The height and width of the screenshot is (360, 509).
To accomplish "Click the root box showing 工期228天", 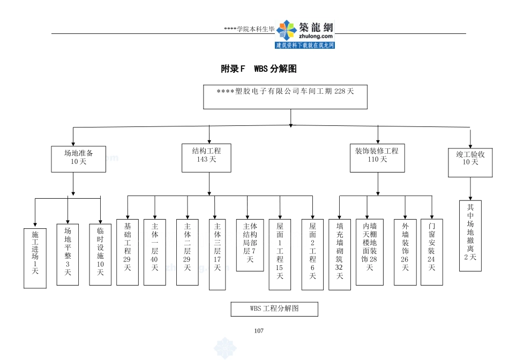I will pyautogui.click(x=286, y=96).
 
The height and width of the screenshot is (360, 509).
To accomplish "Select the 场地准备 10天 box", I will pyautogui.click(x=78, y=159).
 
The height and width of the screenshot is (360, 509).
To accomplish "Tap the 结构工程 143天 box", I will pyautogui.click(x=206, y=157).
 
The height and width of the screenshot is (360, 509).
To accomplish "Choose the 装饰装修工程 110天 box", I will pyautogui.click(x=377, y=157).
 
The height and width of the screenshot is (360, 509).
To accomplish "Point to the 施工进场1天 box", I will pyautogui.click(x=35, y=258).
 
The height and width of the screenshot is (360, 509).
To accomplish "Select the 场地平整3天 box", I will pyautogui.click(x=68, y=254).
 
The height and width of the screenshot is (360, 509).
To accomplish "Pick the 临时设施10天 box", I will pyautogui.click(x=100, y=254).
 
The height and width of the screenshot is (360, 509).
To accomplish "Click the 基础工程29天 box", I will pyautogui.click(x=128, y=252).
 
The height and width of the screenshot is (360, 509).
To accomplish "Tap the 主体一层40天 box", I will pyautogui.click(x=155, y=252).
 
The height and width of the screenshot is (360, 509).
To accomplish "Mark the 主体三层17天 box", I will pyautogui.click(x=217, y=254).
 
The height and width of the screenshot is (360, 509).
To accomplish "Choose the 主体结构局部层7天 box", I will pyautogui.click(x=250, y=245).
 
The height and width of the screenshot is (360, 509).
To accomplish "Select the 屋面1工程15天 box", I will pyautogui.click(x=280, y=254).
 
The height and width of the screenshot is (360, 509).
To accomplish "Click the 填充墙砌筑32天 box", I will pyautogui.click(x=340, y=254).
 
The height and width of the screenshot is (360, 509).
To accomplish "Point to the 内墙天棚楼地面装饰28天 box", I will pyautogui.click(x=370, y=252).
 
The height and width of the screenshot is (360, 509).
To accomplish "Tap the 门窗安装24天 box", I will pyautogui.click(x=432, y=252).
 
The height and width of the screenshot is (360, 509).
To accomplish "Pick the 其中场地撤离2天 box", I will pyautogui.click(x=470, y=236).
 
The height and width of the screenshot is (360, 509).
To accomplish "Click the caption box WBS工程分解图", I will pyautogui.click(x=274, y=309).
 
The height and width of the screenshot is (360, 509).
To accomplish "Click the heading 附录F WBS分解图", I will pyautogui.click(x=259, y=69).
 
